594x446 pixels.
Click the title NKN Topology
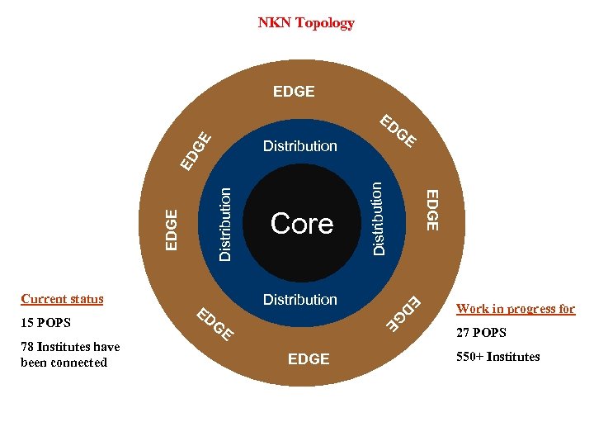tap(306, 23)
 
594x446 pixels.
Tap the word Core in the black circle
tap(302, 223)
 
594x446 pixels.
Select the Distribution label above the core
tap(300, 146)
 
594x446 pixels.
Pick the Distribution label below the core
tap(300, 300)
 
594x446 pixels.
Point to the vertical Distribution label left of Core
tap(225, 223)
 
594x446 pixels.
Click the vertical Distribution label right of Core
tap(377, 218)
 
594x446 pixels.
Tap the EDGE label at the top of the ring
tap(294, 92)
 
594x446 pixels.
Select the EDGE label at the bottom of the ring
tap(309, 359)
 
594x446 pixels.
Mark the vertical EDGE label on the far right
tap(431, 209)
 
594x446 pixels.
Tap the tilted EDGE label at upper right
tap(398, 131)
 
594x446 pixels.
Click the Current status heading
tap(63, 299)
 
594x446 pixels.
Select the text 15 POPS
tap(46, 322)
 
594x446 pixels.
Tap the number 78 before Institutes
tap(28, 347)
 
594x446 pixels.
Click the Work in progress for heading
tap(516, 309)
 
